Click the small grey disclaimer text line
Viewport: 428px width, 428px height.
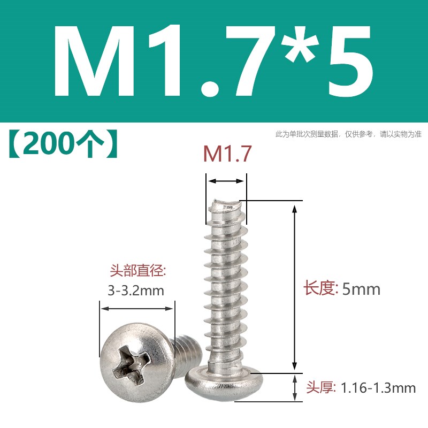click(348, 134)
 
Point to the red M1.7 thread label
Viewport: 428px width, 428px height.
click(227, 155)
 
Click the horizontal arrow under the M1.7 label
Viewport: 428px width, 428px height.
click(227, 181)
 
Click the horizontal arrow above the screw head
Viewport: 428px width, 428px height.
click(137, 309)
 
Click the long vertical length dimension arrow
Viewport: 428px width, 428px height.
click(293, 286)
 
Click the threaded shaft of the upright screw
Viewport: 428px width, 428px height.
click(227, 284)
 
